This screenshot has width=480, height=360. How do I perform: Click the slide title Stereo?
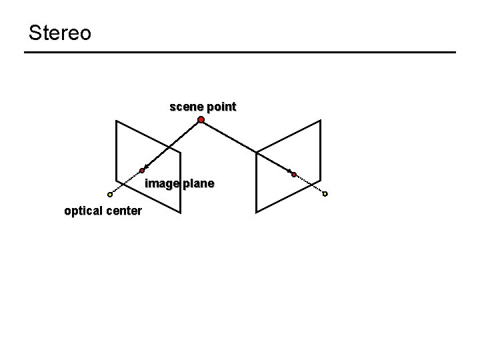click(60, 33)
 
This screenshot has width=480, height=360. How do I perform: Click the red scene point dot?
click(201, 120)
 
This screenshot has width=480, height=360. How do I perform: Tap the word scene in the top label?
click(185, 107)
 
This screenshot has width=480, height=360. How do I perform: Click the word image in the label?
click(161, 183)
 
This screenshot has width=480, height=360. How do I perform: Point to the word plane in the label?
click(197, 183)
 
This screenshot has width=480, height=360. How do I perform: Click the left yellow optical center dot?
click(110, 195)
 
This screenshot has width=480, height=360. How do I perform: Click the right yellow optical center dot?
click(325, 194)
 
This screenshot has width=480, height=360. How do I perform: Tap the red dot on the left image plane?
click(142, 171)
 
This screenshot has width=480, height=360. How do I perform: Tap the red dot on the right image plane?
click(293, 174)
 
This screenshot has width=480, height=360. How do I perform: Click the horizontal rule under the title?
click(240, 53)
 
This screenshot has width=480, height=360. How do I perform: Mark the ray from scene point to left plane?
click(172, 145)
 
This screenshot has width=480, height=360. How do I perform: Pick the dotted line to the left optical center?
click(126, 183)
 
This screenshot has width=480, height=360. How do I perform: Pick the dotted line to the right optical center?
click(309, 184)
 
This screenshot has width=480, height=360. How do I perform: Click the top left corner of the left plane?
click(116, 121)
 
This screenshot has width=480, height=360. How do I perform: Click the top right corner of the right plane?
click(321, 121)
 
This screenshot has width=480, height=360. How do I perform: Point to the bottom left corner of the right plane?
click(257, 212)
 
